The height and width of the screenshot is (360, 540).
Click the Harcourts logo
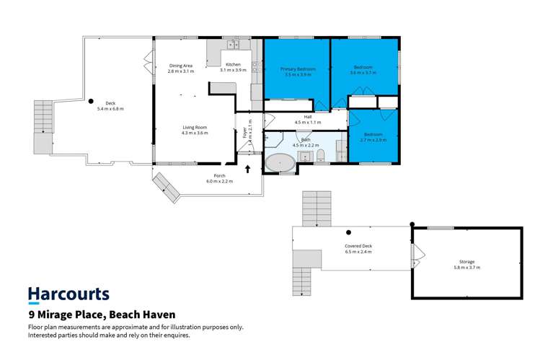[68, 294]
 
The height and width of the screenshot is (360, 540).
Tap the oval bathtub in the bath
[280, 162]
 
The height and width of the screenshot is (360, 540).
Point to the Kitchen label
[232, 65]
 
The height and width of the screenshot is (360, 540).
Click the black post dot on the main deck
[92, 102]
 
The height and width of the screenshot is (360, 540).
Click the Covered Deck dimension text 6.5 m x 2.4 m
[358, 253]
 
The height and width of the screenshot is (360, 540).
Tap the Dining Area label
[181, 66]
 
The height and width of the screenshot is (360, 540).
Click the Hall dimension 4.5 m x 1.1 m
[307, 122]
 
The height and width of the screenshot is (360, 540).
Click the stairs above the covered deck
[314, 209]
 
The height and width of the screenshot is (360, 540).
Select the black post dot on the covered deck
[348, 232]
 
